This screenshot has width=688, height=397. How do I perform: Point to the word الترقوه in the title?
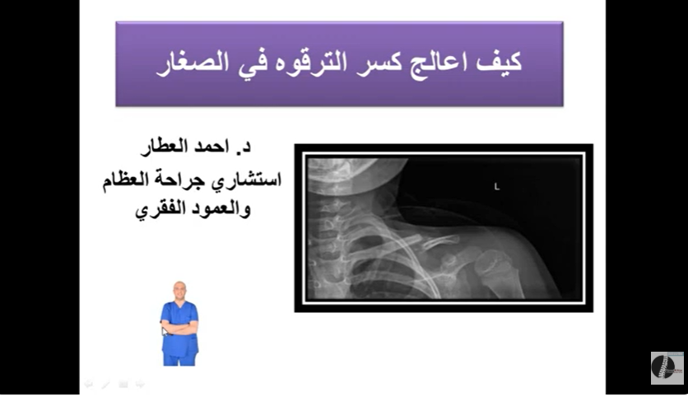[x=309, y=63]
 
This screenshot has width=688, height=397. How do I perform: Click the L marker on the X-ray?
[x=497, y=187]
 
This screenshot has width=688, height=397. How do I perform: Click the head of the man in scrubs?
[x=179, y=291]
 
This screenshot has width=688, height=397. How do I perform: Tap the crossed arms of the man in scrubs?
[x=179, y=327]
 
